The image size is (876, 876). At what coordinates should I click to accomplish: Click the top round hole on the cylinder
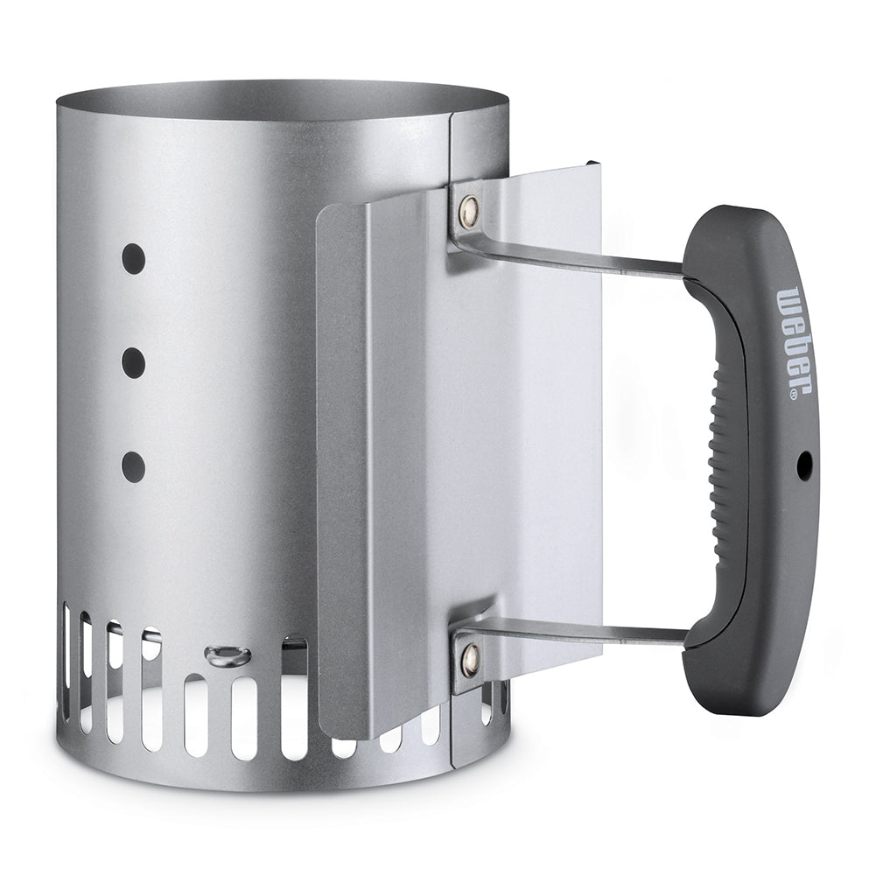click(x=134, y=257)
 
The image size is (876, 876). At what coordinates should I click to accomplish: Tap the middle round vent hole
click(x=134, y=361)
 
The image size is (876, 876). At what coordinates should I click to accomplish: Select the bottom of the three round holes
click(x=134, y=463)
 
